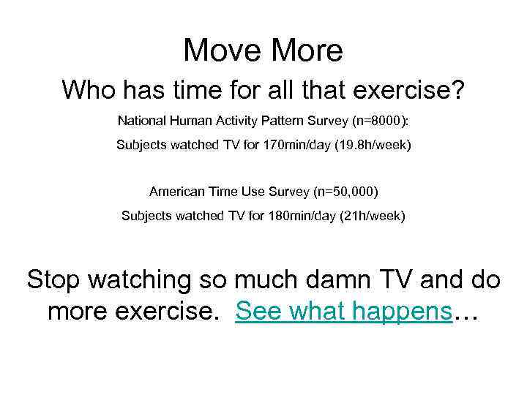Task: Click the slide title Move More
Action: pyautogui.click(x=263, y=50)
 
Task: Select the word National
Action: pyautogui.click(x=143, y=119)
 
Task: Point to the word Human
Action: pyautogui.click(x=193, y=119)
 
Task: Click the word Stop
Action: pyautogui.click(x=56, y=279)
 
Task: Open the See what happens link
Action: pyautogui.click(x=343, y=312)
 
